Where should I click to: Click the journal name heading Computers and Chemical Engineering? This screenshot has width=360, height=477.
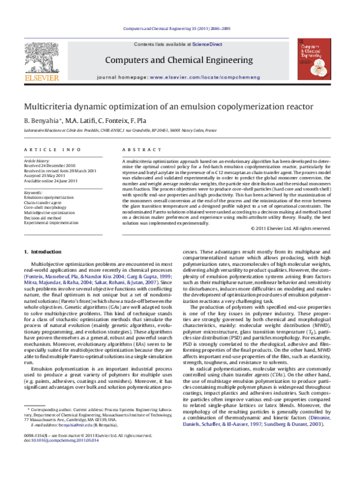coord(179,61)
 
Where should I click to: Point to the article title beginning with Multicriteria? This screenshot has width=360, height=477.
coord(169,107)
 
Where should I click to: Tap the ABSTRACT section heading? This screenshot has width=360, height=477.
coord(137,149)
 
